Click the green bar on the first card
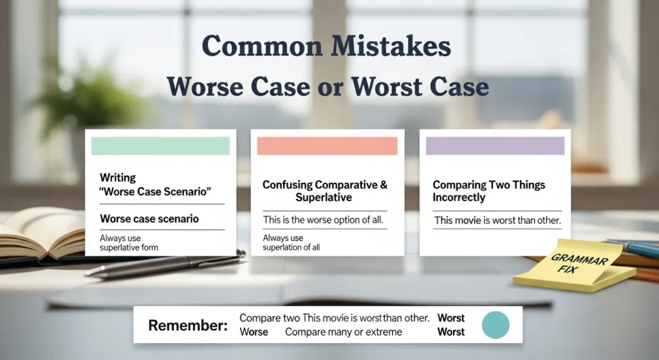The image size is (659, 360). (160, 146)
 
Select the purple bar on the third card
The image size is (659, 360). (495, 146)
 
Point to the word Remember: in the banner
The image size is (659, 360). (188, 325)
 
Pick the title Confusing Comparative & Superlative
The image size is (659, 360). (325, 191)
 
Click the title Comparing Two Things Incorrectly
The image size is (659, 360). (488, 191)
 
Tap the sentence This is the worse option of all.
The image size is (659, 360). (323, 220)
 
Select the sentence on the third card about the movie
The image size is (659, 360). (497, 220)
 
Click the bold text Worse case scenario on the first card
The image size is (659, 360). (149, 219)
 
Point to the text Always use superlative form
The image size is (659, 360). (129, 243)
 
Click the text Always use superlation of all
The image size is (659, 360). (292, 243)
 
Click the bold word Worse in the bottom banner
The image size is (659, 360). (254, 332)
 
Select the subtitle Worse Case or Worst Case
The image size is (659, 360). (327, 87)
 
